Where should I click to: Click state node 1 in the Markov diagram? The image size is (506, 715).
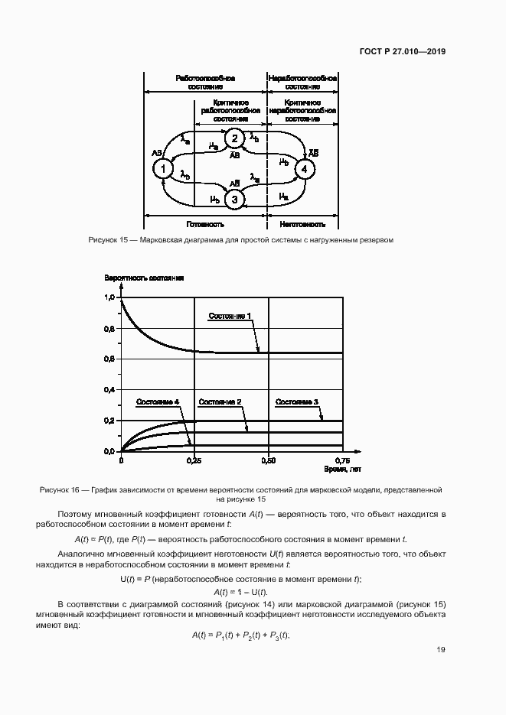(x=162, y=169)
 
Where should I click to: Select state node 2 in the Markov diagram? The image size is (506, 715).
(x=235, y=139)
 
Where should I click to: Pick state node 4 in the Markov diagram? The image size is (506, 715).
(x=305, y=169)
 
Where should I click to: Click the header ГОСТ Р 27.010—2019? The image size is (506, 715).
(x=403, y=53)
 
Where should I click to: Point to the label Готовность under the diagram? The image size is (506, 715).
(x=205, y=225)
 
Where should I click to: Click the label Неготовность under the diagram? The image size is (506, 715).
(x=302, y=225)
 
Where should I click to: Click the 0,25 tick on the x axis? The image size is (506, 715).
(x=194, y=461)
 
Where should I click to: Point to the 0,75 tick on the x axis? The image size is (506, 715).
(x=341, y=461)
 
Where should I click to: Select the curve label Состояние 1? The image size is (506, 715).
(x=229, y=316)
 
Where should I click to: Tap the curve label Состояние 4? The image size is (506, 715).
(x=158, y=401)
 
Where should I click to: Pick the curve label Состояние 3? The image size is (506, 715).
(x=297, y=401)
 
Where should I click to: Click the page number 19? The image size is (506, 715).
(x=441, y=650)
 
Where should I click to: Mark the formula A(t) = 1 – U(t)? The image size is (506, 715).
(x=240, y=593)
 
